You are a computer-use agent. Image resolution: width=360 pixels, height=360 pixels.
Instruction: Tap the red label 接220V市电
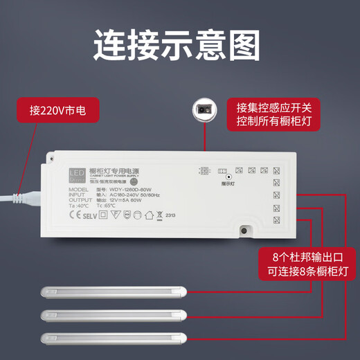[x=55, y=110]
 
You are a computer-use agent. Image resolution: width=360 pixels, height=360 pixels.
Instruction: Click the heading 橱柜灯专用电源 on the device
[x=115, y=170]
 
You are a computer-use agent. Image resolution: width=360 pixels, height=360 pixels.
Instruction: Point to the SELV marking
[x=90, y=215]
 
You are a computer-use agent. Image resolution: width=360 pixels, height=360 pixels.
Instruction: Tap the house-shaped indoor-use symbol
[x=148, y=214]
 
